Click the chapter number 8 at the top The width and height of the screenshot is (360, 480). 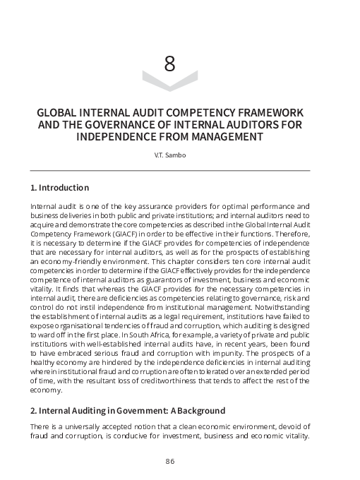tap(169, 64)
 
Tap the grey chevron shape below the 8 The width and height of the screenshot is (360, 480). tap(169, 82)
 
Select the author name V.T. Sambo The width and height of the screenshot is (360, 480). tap(169, 155)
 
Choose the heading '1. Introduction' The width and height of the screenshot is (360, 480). tap(59, 188)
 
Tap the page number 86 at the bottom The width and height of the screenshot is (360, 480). tap(169, 461)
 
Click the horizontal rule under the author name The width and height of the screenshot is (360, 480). tap(169, 170)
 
